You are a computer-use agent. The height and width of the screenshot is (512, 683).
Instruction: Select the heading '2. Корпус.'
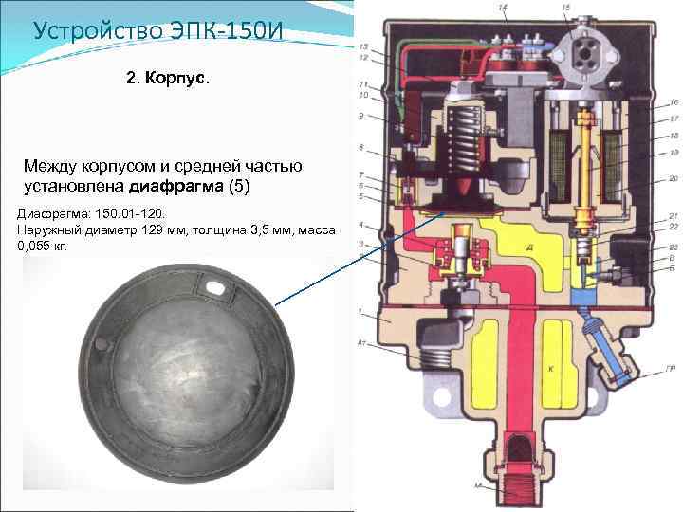click(x=162, y=76)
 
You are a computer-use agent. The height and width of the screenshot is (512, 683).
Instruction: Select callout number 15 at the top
click(x=566, y=9)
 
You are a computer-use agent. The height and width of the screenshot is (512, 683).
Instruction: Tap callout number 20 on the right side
click(x=672, y=179)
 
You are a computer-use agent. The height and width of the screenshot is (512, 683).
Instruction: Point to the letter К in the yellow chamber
click(x=549, y=366)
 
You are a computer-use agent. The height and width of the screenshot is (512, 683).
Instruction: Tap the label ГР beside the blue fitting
click(x=673, y=369)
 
